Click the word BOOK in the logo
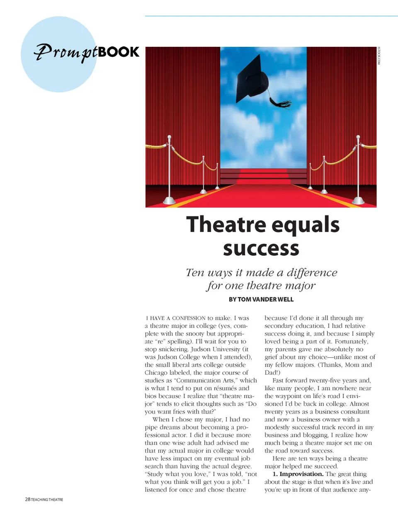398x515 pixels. pos(119,52)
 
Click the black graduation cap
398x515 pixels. pos(253,81)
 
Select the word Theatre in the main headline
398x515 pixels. pos(226,224)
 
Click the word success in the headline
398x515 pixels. pos(261,248)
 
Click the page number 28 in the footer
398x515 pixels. pos(27,499)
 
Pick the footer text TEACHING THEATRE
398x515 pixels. pos(47,500)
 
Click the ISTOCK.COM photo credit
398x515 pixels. pos(379,56)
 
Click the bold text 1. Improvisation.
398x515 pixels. pos(298,474)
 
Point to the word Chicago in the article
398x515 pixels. pos(156,373)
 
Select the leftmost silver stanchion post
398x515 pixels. pos(169,170)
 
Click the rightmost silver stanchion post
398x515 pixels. pos(358,170)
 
